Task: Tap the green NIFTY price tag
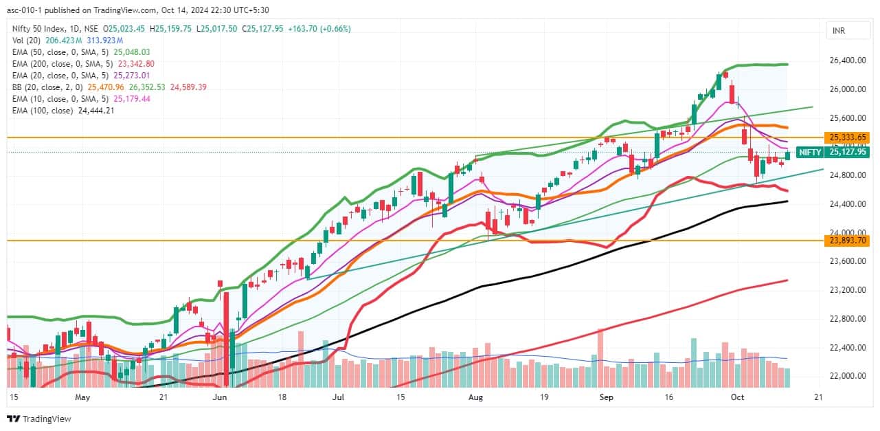(x=833, y=153)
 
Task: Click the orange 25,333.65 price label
(x=848, y=137)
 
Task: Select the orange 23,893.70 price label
(x=848, y=241)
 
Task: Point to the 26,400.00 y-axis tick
(x=848, y=60)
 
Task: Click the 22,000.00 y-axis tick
(x=848, y=376)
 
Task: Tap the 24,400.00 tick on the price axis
(x=848, y=204)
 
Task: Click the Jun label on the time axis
(x=221, y=397)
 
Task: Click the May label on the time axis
(x=82, y=397)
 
